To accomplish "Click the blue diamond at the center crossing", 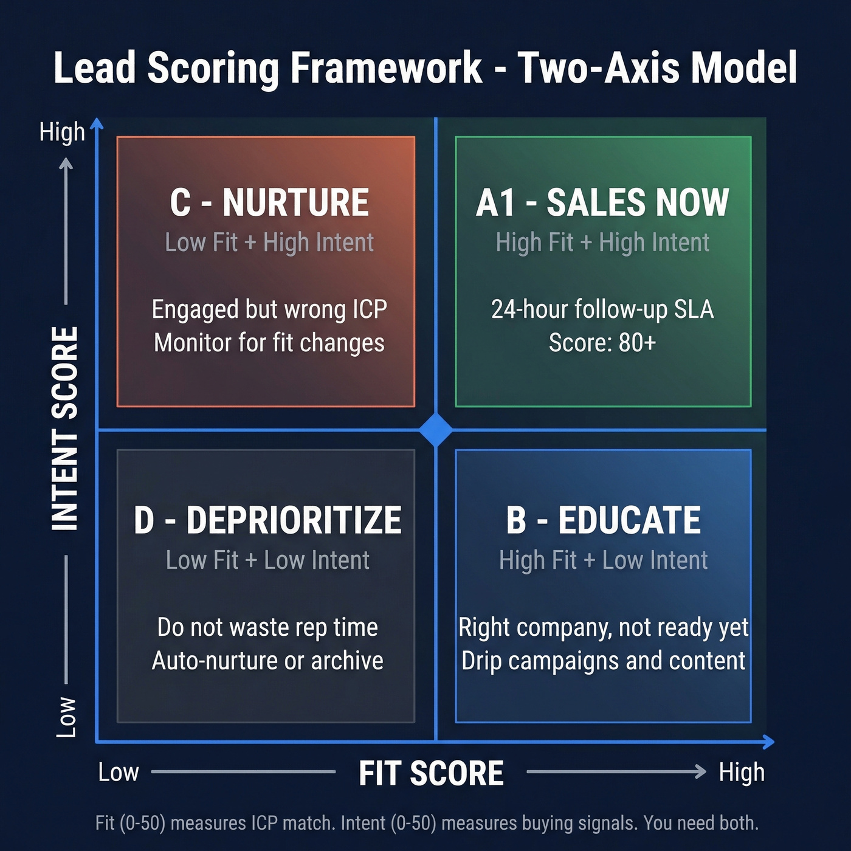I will (x=436, y=430).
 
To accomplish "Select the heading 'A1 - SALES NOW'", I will (x=602, y=202).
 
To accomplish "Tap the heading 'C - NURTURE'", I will (x=269, y=202).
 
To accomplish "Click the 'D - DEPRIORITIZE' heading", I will (x=267, y=520).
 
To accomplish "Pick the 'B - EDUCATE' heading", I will (x=603, y=520).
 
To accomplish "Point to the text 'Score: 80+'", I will (x=602, y=343).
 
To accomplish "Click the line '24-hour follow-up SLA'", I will (x=602, y=309).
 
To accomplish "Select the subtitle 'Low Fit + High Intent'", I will (x=269, y=243).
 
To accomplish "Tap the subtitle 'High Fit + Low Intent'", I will (x=603, y=560).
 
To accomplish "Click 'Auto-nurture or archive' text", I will (x=267, y=661).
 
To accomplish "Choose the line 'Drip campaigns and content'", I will (x=603, y=661).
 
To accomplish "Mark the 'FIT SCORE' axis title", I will (x=431, y=773).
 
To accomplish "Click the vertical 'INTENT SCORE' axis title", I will (x=65, y=429).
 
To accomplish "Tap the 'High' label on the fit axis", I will (x=742, y=773).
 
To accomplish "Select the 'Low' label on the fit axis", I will (x=119, y=773).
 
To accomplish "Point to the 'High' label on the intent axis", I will (x=62, y=132).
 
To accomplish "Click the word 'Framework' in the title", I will (x=386, y=67).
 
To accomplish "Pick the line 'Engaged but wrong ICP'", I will (x=269, y=309).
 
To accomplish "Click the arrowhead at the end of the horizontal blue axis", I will (x=769, y=742).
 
